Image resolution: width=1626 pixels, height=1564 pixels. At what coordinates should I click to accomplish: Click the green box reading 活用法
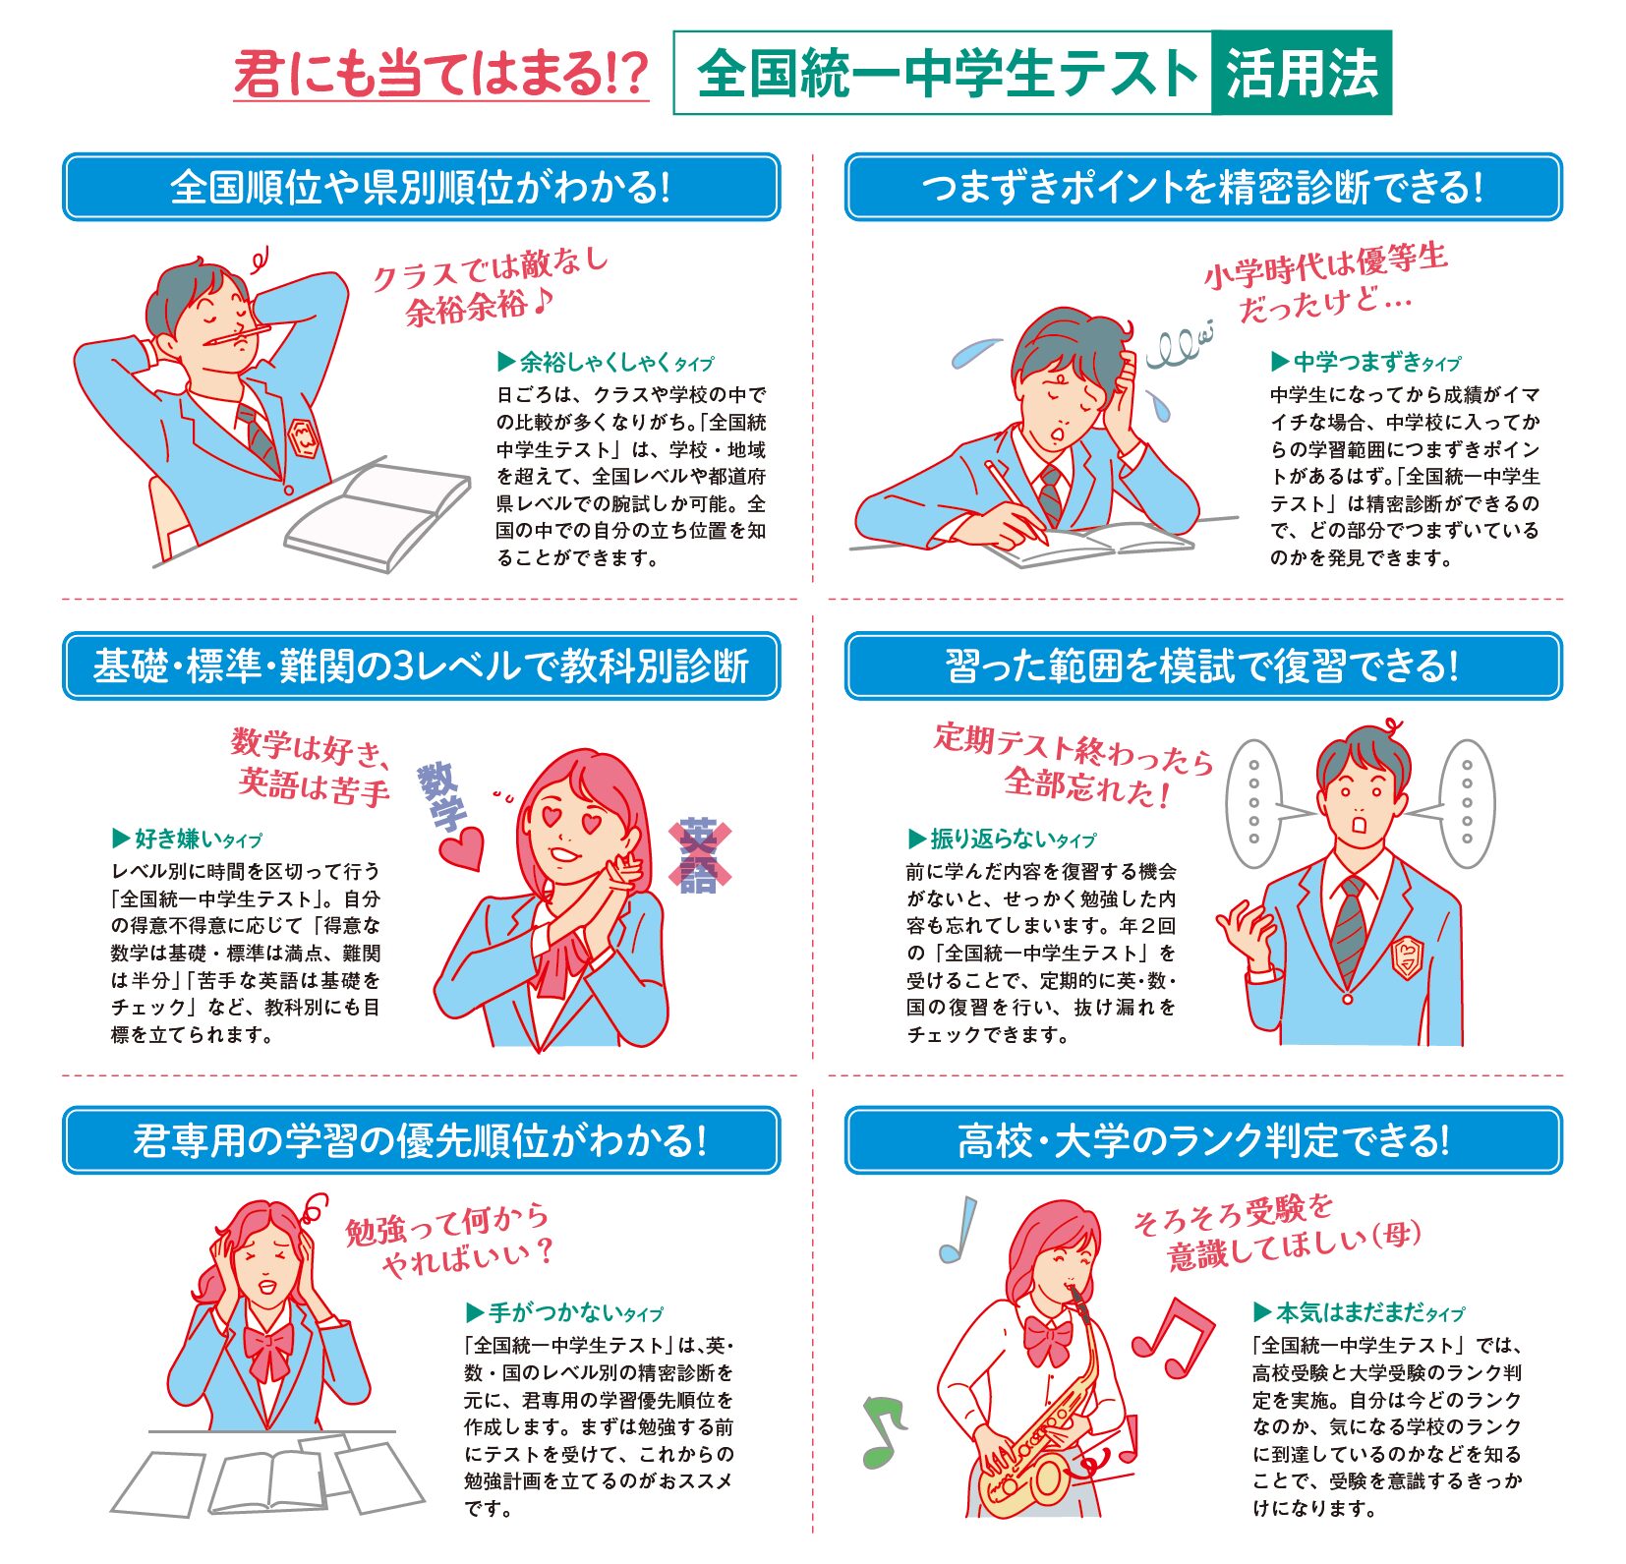pos(1301,73)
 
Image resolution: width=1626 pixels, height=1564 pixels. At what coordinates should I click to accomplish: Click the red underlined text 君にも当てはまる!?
pos(441,75)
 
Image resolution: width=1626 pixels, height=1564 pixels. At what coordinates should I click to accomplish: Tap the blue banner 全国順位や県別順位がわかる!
pos(421,187)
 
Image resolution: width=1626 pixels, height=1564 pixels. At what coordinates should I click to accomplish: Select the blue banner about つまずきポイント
pos(1202,187)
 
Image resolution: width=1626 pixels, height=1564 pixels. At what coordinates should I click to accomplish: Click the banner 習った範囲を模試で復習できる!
pos(1202,666)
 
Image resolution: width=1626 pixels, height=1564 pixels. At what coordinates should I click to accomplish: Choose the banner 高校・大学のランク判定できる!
pos(1202,1140)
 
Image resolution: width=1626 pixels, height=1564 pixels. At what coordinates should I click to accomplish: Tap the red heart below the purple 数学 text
pos(460,847)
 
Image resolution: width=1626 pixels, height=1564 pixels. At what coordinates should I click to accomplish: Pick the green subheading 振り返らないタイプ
pos(1002,839)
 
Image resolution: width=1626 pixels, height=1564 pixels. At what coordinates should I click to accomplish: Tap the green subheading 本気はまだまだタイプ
pos(1360,1312)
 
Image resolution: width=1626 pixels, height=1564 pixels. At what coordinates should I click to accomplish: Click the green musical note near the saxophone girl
pos(882,1430)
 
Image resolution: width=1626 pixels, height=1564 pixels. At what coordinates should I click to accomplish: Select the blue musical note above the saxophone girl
pos(958,1229)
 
